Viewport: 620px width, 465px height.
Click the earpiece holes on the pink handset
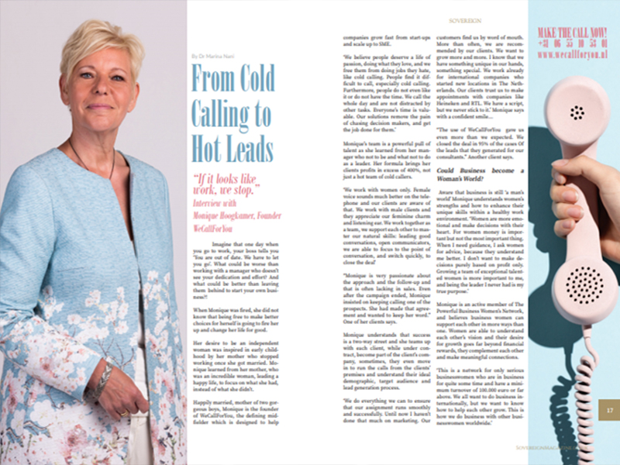click(577, 113)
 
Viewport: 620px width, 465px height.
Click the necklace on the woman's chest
click(89, 167)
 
